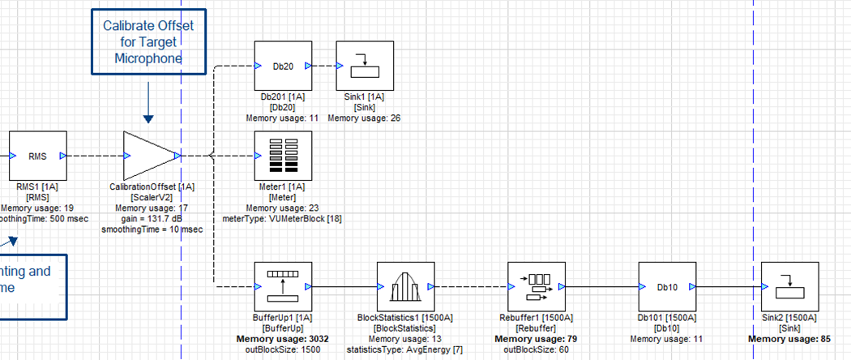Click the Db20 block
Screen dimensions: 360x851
283,66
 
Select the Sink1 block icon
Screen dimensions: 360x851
365,66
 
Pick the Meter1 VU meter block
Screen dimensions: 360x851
283,154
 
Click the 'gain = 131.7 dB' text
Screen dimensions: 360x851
152,219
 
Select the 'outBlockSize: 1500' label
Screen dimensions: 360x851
284,349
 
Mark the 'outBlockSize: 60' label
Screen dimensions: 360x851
537,349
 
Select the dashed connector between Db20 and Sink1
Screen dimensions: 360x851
325,66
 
